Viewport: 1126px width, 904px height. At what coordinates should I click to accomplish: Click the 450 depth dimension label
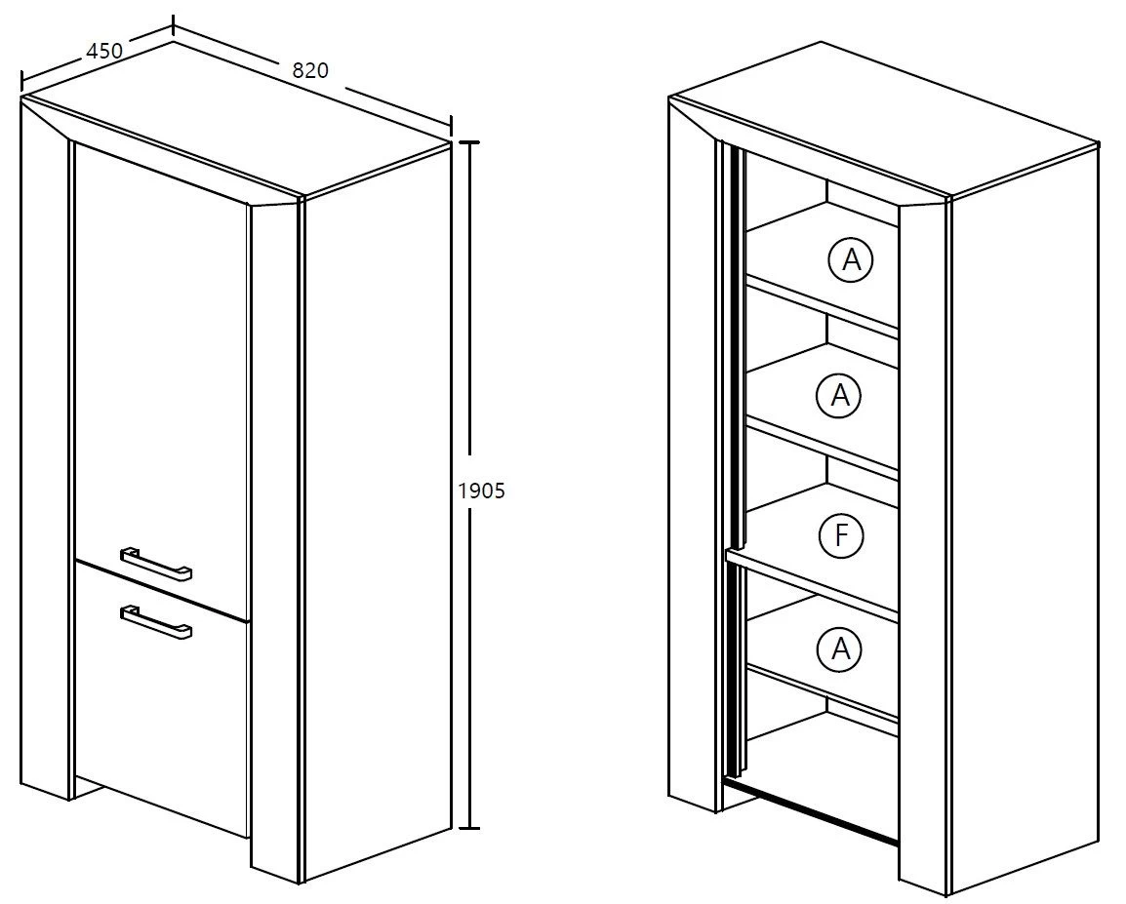pyautogui.click(x=104, y=51)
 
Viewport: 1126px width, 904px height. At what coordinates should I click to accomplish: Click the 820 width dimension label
pyautogui.click(x=310, y=69)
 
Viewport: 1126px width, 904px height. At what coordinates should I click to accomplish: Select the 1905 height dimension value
pyautogui.click(x=481, y=491)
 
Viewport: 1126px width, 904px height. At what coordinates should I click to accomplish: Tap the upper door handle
pyautogui.click(x=156, y=562)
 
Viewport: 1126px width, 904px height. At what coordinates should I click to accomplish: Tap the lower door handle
pyautogui.click(x=156, y=620)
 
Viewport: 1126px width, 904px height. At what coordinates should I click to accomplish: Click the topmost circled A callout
pyautogui.click(x=851, y=259)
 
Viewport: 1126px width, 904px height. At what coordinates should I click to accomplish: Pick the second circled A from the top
pyautogui.click(x=839, y=395)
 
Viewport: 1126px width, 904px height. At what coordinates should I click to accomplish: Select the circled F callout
pyautogui.click(x=841, y=535)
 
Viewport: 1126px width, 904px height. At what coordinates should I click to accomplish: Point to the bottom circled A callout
pyautogui.click(x=839, y=649)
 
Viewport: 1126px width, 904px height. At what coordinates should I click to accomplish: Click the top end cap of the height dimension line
pyautogui.click(x=469, y=142)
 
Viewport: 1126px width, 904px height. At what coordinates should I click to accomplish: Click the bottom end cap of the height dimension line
pyautogui.click(x=469, y=829)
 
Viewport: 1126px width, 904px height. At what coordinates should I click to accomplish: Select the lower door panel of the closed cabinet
pyautogui.click(x=162, y=699)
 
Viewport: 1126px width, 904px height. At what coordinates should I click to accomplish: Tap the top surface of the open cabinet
pyautogui.click(x=883, y=118)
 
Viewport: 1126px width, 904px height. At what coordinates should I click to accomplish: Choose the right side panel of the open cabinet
pyautogui.click(x=1025, y=513)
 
